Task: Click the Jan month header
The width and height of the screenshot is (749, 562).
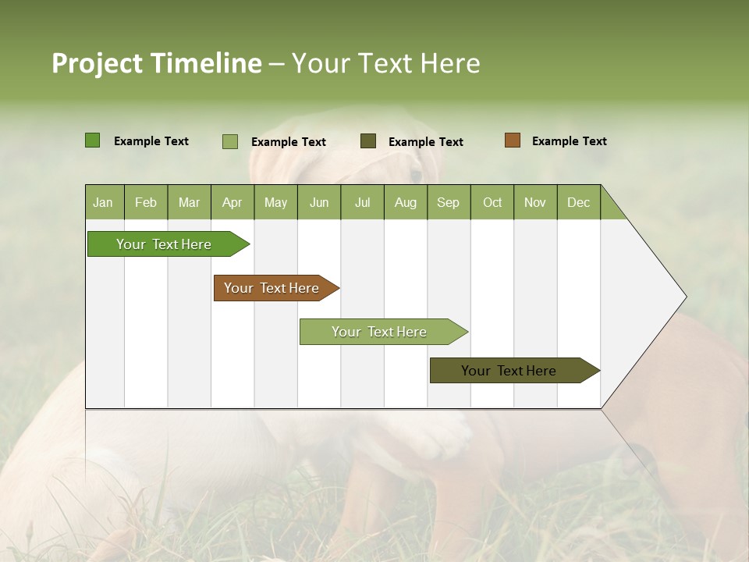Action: click(103, 203)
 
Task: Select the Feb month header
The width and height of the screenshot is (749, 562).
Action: click(146, 203)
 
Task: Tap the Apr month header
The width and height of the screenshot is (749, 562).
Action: click(232, 203)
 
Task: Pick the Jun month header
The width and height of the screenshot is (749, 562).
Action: click(319, 203)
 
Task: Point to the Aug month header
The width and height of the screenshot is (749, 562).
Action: click(405, 203)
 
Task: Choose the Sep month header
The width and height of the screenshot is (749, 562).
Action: click(448, 203)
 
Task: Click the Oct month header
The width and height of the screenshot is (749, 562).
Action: click(492, 203)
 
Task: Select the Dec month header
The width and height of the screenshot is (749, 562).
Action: click(578, 203)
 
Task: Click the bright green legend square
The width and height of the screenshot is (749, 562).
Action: click(92, 140)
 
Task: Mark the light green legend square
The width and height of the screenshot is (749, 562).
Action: click(229, 141)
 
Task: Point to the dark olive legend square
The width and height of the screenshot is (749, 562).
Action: click(368, 140)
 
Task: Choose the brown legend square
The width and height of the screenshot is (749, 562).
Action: click(512, 140)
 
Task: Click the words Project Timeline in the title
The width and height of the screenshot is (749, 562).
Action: click(157, 63)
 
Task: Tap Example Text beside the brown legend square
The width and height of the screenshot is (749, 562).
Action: click(569, 141)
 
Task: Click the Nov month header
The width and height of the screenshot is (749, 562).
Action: click(535, 203)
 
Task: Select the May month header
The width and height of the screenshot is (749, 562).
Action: click(275, 203)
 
